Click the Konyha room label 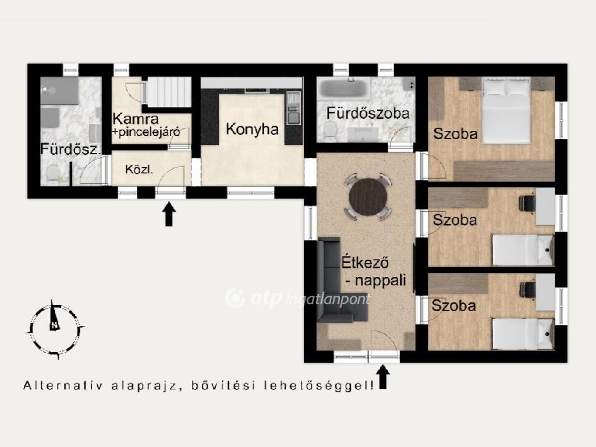252,129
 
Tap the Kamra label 135,119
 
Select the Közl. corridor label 139,169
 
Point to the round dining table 368,197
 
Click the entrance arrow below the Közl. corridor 169,214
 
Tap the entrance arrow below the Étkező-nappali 383,377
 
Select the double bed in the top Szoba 506,110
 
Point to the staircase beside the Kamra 169,93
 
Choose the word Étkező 365,262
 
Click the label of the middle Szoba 455,220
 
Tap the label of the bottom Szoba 453,306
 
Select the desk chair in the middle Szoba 527,203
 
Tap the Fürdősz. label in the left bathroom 70,149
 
